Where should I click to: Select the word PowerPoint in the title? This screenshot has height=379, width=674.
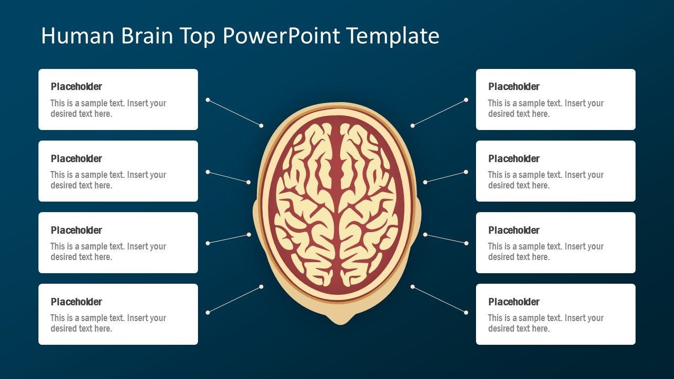click(281, 36)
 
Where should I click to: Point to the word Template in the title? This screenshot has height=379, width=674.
click(393, 36)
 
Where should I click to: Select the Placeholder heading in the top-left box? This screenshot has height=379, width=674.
click(76, 87)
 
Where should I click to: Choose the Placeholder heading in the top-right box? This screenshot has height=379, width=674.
click(514, 87)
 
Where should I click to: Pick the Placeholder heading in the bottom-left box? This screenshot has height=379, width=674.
click(76, 302)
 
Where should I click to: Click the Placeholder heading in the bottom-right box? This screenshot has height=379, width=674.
click(514, 302)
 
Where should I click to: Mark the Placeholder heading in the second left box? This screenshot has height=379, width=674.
click(76, 158)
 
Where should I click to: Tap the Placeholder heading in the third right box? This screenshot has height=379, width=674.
click(514, 230)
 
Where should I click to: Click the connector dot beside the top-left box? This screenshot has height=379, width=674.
click(208, 99)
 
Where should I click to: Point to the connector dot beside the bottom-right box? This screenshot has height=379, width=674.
click(466, 312)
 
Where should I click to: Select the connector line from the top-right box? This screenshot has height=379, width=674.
click(439, 113)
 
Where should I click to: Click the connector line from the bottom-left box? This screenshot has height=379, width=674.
click(234, 300)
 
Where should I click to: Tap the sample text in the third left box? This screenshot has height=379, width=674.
click(108, 252)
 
